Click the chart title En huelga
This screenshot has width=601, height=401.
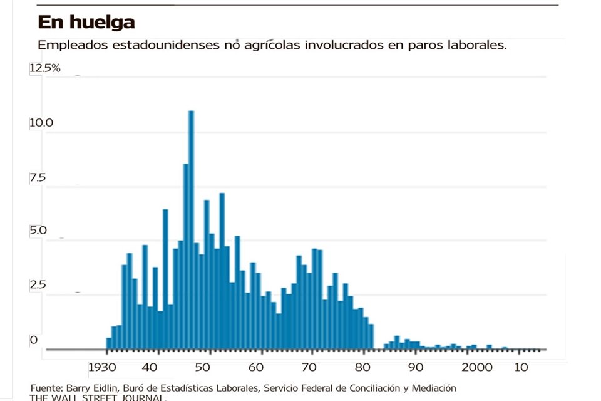pyautogui.click(x=86, y=23)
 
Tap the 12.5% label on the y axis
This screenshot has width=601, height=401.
pyautogui.click(x=44, y=68)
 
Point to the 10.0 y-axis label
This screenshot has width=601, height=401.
pyautogui.click(x=41, y=123)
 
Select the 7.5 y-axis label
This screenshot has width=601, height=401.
pyautogui.click(x=38, y=178)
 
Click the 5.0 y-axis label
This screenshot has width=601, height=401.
pyautogui.click(x=38, y=231)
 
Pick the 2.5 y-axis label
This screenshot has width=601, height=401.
pyautogui.click(x=38, y=285)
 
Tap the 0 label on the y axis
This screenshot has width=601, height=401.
pyautogui.click(x=34, y=340)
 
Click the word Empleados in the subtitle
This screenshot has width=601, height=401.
pyautogui.click(x=67, y=46)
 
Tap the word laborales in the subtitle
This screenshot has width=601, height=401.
pyautogui.click(x=476, y=46)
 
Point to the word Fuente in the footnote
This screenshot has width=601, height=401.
pyautogui.click(x=46, y=388)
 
